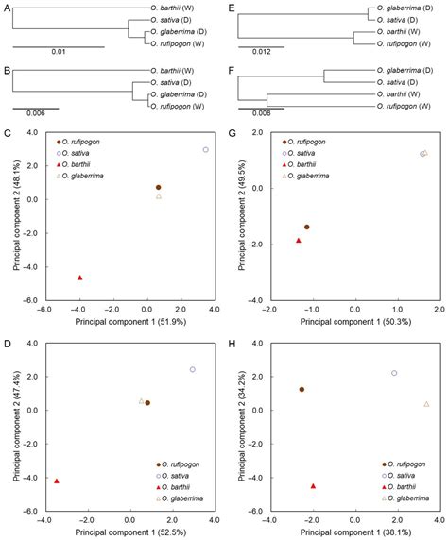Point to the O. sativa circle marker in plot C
point(205,150)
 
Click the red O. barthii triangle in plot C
point(79,278)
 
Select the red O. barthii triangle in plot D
point(57,481)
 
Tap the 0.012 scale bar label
point(254,52)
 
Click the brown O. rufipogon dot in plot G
point(306,228)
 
